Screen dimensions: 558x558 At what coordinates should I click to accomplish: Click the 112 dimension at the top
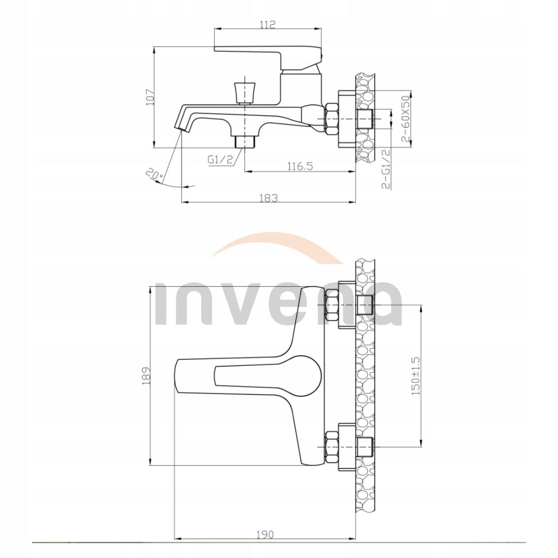click(x=268, y=25)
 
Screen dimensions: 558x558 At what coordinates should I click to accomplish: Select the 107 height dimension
click(x=150, y=97)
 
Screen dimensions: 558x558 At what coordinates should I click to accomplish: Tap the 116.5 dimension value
click(x=300, y=166)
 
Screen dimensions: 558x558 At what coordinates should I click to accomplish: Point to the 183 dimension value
click(x=268, y=197)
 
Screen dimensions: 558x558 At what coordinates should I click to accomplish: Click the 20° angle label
click(x=154, y=176)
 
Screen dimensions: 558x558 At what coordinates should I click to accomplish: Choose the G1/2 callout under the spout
click(x=220, y=160)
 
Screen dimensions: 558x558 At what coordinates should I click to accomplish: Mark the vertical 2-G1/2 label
click(x=385, y=169)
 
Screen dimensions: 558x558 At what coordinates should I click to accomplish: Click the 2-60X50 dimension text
click(x=406, y=119)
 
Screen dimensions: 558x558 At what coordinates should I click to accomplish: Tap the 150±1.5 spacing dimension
click(x=416, y=376)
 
